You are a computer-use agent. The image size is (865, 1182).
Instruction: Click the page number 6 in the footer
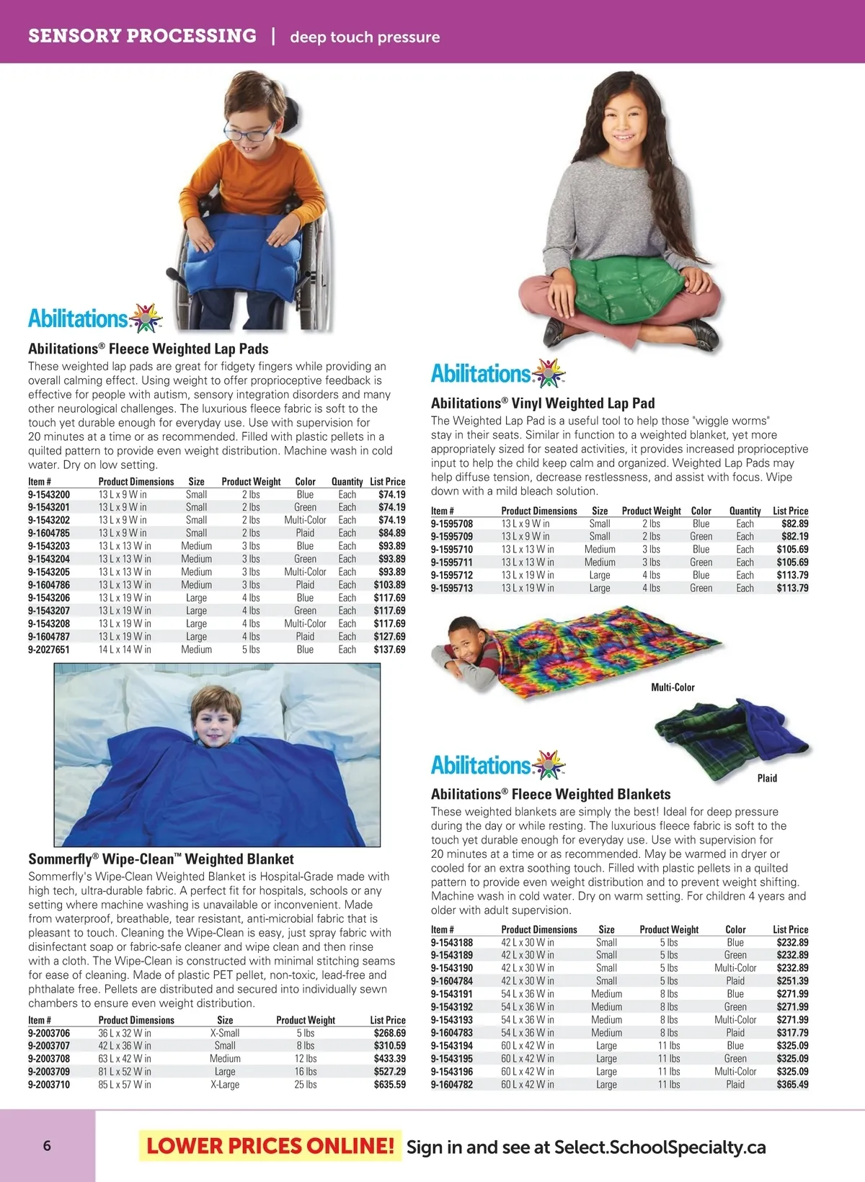pyautogui.click(x=47, y=1146)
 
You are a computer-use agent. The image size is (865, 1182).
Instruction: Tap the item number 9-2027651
pyautogui.click(x=49, y=650)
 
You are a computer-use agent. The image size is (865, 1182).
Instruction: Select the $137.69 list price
pyautogui.click(x=389, y=650)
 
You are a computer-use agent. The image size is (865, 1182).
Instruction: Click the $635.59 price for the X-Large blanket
pyautogui.click(x=389, y=1085)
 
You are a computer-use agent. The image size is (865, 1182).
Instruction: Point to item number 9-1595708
pyautogui.click(x=452, y=524)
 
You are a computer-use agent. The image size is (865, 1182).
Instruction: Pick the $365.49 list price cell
pyautogui.click(x=792, y=1085)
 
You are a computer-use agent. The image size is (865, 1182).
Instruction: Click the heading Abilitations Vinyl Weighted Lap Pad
pyautogui.click(x=543, y=403)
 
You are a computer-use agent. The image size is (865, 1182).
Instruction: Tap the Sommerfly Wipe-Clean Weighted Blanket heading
pyautogui.click(x=161, y=859)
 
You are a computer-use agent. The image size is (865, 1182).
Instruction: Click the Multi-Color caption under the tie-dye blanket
pyautogui.click(x=673, y=688)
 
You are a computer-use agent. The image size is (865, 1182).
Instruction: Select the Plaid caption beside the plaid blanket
pyautogui.click(x=767, y=779)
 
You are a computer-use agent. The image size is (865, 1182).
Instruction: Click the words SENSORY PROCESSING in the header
pyautogui.click(x=142, y=36)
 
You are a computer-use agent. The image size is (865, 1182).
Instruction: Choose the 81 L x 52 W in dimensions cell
pyautogui.click(x=125, y=1072)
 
